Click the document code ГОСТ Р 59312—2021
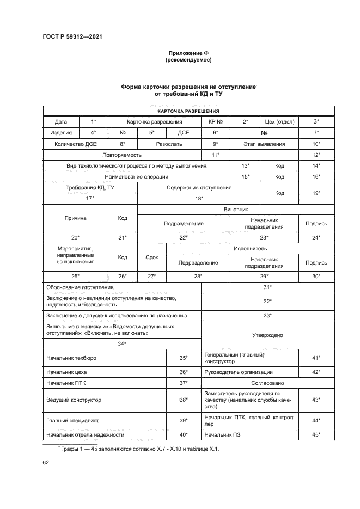pyautogui.click(x=72, y=36)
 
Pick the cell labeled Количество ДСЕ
pyautogui.click(x=75, y=144)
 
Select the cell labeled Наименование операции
pyautogui.click(x=137, y=177)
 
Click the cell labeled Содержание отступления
pyautogui.click(x=199, y=188)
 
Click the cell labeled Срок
pyautogui.click(x=152, y=257)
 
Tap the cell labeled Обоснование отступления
pyautogui.click(x=80, y=287)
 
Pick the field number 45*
pyautogui.click(x=316, y=434)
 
